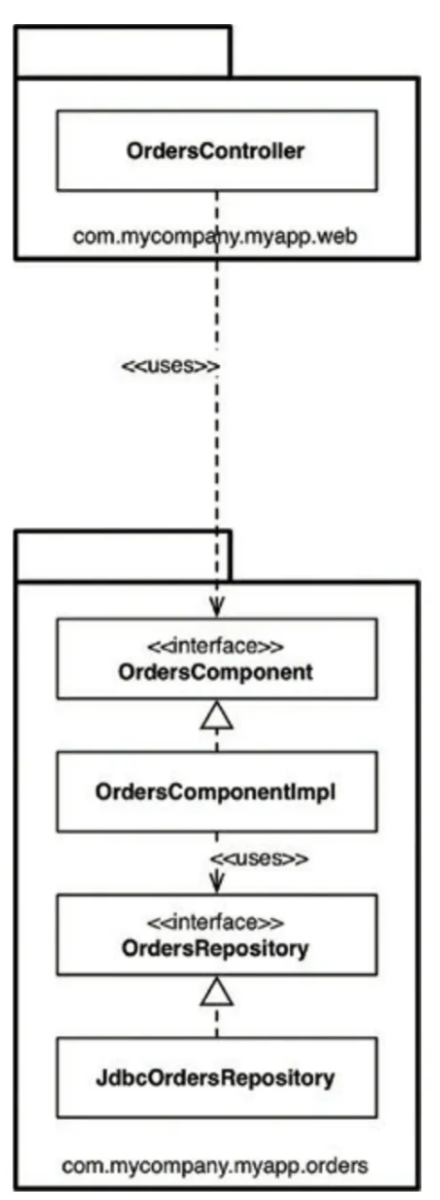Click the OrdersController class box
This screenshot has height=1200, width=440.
(217, 150)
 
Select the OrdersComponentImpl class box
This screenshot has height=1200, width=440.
(217, 792)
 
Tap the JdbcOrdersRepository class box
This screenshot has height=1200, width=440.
(217, 1077)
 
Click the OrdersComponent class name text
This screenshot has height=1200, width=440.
(215, 672)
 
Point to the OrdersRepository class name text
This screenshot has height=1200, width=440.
(215, 948)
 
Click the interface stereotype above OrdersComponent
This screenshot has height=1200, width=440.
(215, 646)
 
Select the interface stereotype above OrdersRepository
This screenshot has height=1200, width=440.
(215, 923)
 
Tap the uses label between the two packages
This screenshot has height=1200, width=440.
(171, 367)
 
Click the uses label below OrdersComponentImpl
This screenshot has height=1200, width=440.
(259, 859)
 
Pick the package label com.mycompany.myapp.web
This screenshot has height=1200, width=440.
(214, 236)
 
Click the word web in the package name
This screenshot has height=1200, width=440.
(337, 236)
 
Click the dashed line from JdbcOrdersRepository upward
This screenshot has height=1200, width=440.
(217, 1021)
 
